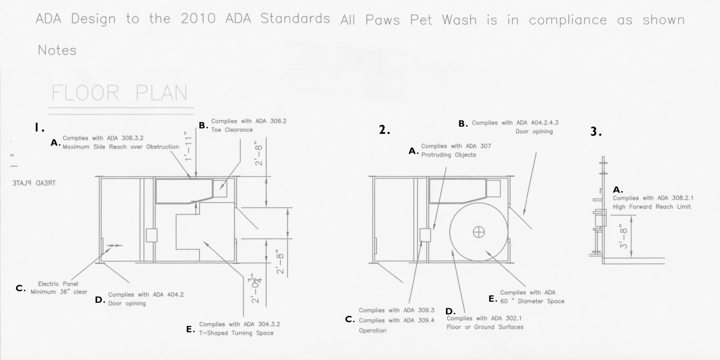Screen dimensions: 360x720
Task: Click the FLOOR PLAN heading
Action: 120,94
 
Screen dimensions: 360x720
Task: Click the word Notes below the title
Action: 57,50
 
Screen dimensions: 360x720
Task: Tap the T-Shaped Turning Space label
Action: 236,333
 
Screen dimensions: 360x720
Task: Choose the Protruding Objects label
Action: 448,155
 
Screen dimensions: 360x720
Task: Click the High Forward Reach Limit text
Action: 651,207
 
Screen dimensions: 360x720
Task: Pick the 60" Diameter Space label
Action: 532,301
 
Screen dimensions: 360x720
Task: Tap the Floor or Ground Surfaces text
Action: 485,327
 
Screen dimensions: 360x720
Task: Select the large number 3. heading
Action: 596,132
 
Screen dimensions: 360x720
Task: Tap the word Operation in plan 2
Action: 372,330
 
